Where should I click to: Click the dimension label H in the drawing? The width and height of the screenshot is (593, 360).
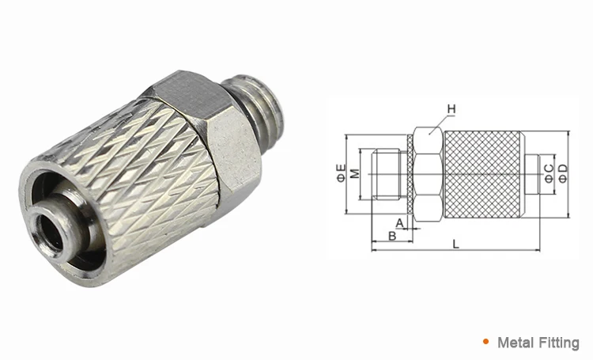click(451, 108)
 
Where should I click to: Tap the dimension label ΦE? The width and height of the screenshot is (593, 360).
click(341, 172)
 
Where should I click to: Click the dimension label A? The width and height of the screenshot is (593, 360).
click(399, 224)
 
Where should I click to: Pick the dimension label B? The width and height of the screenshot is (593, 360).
click(391, 237)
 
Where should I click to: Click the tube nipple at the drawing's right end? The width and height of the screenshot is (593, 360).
click(534, 171)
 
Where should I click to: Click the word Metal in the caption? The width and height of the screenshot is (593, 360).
click(514, 343)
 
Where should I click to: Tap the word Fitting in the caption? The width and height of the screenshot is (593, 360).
click(558, 343)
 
